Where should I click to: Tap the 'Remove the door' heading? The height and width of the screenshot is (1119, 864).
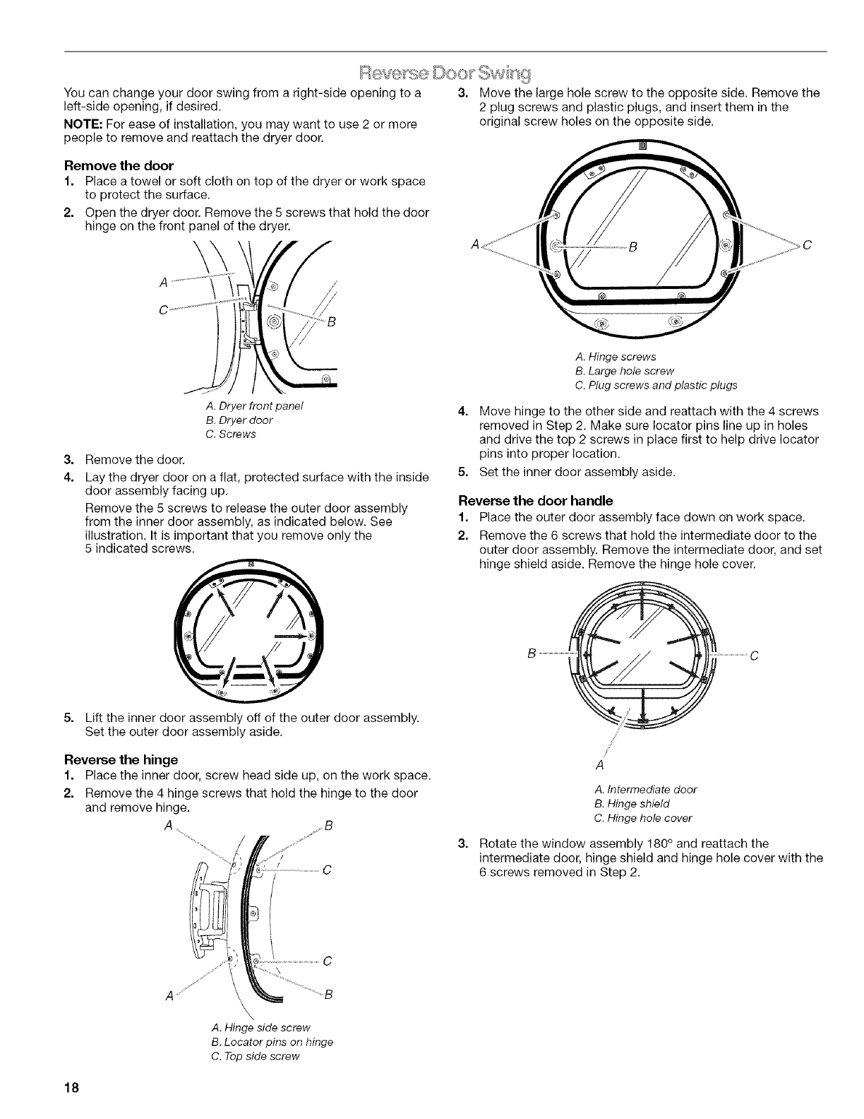119,166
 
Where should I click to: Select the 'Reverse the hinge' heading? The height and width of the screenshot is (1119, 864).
121,760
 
